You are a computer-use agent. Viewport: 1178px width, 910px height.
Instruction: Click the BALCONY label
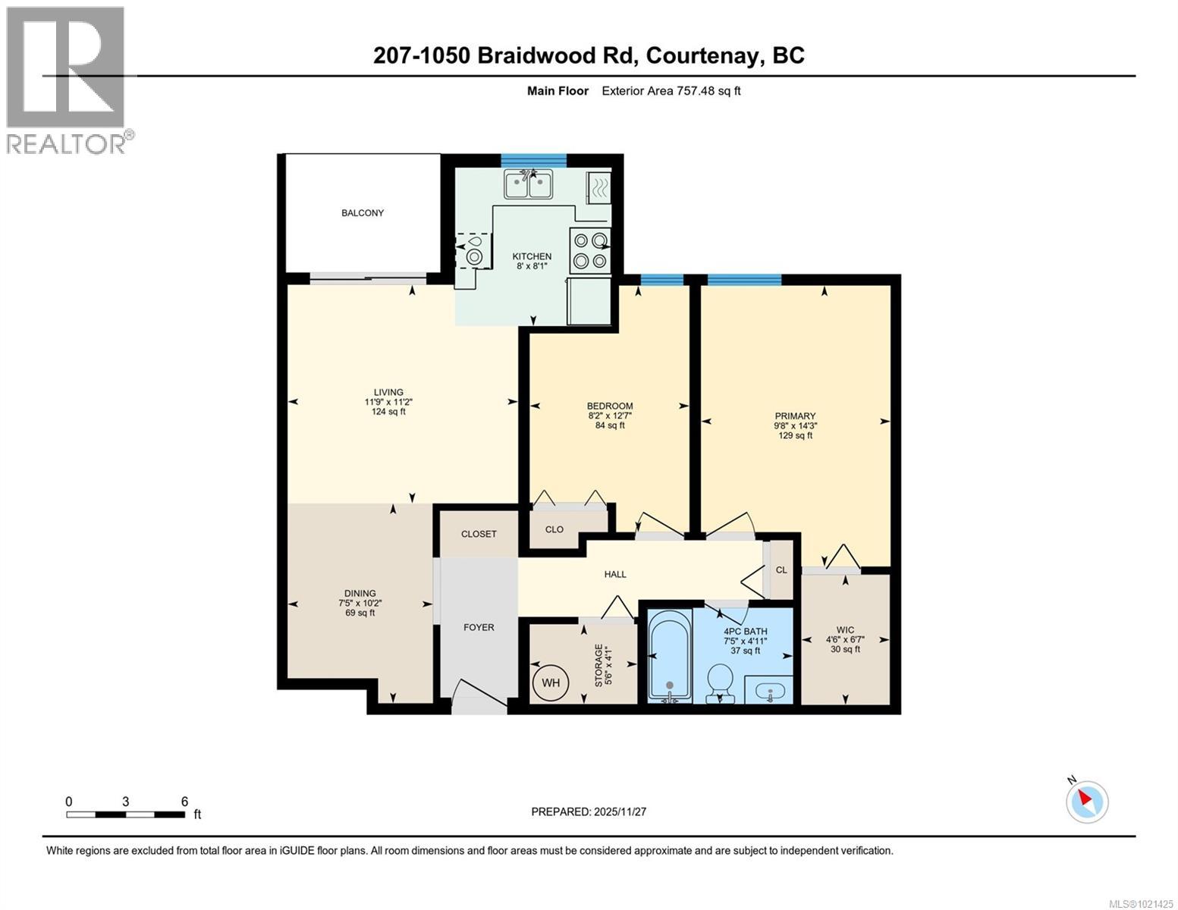pyautogui.click(x=362, y=213)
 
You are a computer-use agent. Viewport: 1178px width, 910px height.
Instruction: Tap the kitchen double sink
pyautogui.click(x=529, y=184)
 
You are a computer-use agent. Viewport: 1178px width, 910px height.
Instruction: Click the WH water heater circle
pyautogui.click(x=550, y=682)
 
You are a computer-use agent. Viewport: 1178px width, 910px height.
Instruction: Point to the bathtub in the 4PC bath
pyautogui.click(x=669, y=656)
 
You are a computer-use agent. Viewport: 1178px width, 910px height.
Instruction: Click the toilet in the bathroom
pyautogui.click(x=719, y=683)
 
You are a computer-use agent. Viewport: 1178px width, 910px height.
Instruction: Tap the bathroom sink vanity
pyautogui.click(x=768, y=691)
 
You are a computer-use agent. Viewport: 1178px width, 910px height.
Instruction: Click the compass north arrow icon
pyautogui.click(x=1087, y=801)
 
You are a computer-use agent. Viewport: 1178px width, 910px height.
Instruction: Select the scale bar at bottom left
pyautogui.click(x=126, y=814)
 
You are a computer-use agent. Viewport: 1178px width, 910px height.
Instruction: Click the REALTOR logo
pyautogui.click(x=67, y=80)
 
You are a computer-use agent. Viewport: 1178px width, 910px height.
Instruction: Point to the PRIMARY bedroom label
pyautogui.click(x=795, y=416)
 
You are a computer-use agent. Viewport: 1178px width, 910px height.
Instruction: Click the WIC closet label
pyautogui.click(x=845, y=629)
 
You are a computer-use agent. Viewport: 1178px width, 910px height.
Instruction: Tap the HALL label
pyautogui.click(x=615, y=574)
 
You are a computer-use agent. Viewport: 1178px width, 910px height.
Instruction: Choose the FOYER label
pyautogui.click(x=479, y=627)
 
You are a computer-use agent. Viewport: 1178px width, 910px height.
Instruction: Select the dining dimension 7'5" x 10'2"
pyautogui.click(x=360, y=604)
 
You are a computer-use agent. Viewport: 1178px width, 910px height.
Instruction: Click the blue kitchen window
pyautogui.click(x=533, y=159)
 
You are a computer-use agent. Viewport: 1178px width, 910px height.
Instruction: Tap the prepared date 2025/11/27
pyautogui.click(x=589, y=811)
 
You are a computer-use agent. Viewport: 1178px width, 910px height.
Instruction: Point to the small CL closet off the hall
pyautogui.click(x=781, y=570)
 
